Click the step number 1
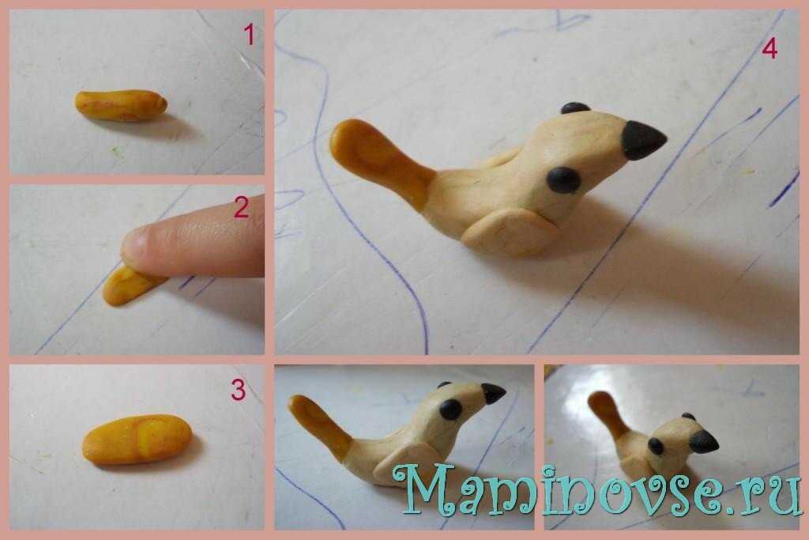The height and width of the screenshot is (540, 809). (x=249, y=35)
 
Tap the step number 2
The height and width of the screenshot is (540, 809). (x=242, y=207)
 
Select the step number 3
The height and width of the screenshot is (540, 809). (x=238, y=391)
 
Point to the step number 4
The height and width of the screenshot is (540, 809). (x=769, y=49)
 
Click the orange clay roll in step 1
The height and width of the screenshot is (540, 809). (x=121, y=105)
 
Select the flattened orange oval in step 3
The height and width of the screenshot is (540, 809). (x=137, y=440)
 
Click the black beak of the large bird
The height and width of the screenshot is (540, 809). (x=643, y=139)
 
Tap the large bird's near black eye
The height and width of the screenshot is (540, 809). (x=563, y=180)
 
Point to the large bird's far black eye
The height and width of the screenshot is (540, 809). (x=575, y=108)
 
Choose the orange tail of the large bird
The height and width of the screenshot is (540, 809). (x=382, y=160)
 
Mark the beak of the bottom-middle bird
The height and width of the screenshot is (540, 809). (x=493, y=394)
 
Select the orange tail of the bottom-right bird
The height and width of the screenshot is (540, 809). (x=610, y=413)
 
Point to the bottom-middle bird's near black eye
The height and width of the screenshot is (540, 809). (x=451, y=410)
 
